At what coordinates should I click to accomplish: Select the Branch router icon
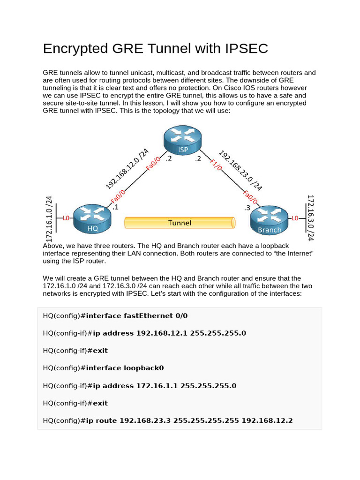click(270, 219)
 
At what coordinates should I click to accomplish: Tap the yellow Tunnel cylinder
click(180, 223)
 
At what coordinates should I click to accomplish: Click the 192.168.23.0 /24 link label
click(240, 170)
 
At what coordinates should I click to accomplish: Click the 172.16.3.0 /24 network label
click(309, 218)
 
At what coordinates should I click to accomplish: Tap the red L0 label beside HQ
click(66, 218)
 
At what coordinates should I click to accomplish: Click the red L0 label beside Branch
click(294, 218)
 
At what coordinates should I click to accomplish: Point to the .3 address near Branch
click(247, 208)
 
